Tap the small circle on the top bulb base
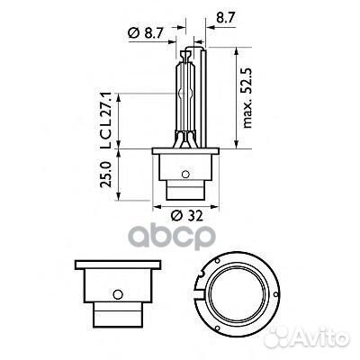pos(184,174)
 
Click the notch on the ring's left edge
pos(202,291)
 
